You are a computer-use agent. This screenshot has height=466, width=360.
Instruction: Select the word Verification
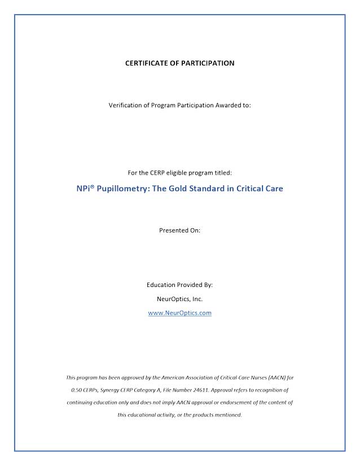point(128,106)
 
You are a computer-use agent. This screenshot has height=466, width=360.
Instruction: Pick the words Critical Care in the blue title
point(260,189)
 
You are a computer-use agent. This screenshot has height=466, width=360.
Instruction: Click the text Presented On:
point(179,230)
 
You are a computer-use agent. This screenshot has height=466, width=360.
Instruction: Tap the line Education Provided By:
point(179,285)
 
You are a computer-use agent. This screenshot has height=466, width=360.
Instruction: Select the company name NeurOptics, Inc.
point(179,299)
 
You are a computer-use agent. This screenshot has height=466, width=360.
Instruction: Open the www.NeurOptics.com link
point(179,312)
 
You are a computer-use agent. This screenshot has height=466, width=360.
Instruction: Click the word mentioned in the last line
point(227,415)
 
